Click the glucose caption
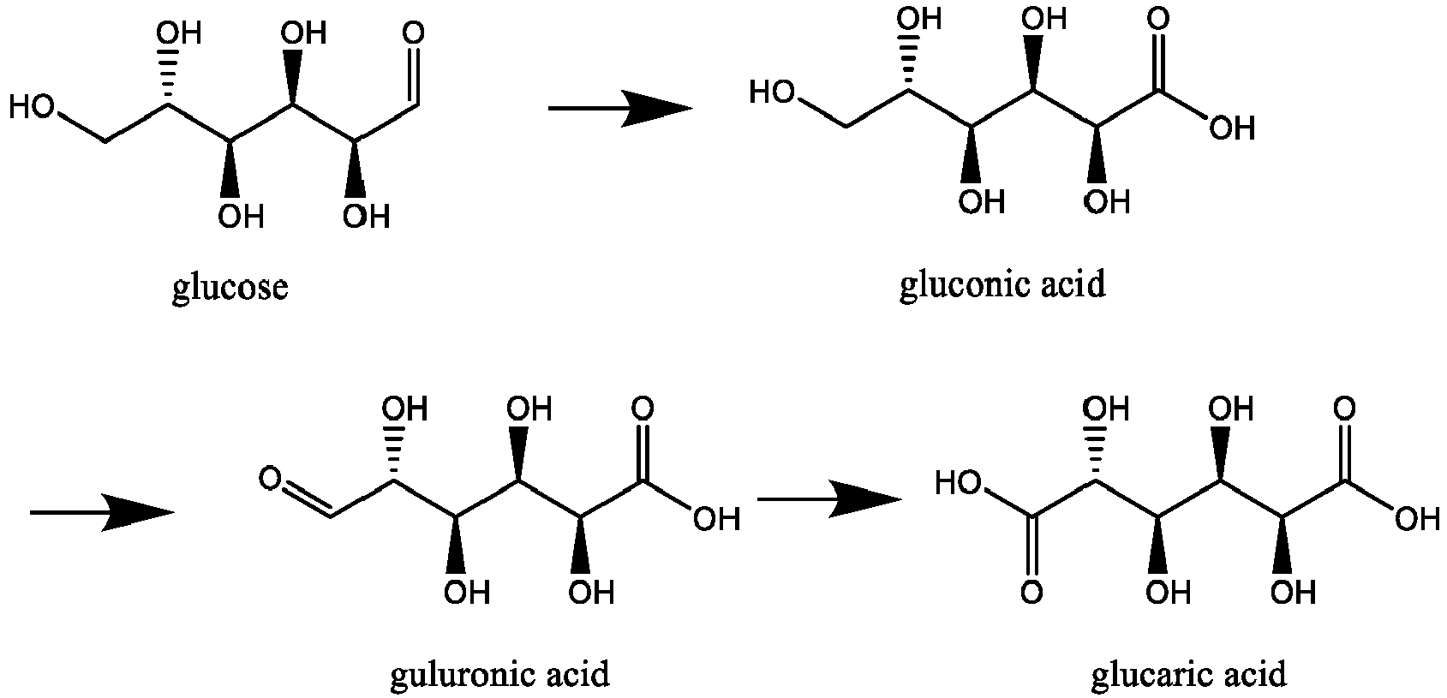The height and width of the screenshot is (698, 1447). point(230,287)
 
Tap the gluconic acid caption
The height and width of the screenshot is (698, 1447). point(1002,284)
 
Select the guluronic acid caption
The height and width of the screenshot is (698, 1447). point(500,675)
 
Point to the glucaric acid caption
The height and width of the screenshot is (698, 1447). point(1189,675)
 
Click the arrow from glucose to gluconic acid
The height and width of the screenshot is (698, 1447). point(620,109)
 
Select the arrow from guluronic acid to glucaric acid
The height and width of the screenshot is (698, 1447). point(829,498)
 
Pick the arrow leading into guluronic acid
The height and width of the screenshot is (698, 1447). point(103,513)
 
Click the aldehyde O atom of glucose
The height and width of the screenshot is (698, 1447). point(414,33)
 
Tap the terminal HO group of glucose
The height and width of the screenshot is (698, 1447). point(33,106)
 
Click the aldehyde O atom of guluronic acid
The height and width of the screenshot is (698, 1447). point(270,479)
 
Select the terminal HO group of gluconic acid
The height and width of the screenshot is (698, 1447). point(772,92)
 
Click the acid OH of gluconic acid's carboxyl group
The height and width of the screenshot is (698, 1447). point(1233,128)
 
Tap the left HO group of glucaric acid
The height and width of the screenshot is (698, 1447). point(959,483)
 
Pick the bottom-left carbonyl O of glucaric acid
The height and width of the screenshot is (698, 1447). point(1031,593)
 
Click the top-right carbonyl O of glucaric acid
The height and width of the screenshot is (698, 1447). point(1344,409)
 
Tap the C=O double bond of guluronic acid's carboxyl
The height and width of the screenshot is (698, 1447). point(642,452)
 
